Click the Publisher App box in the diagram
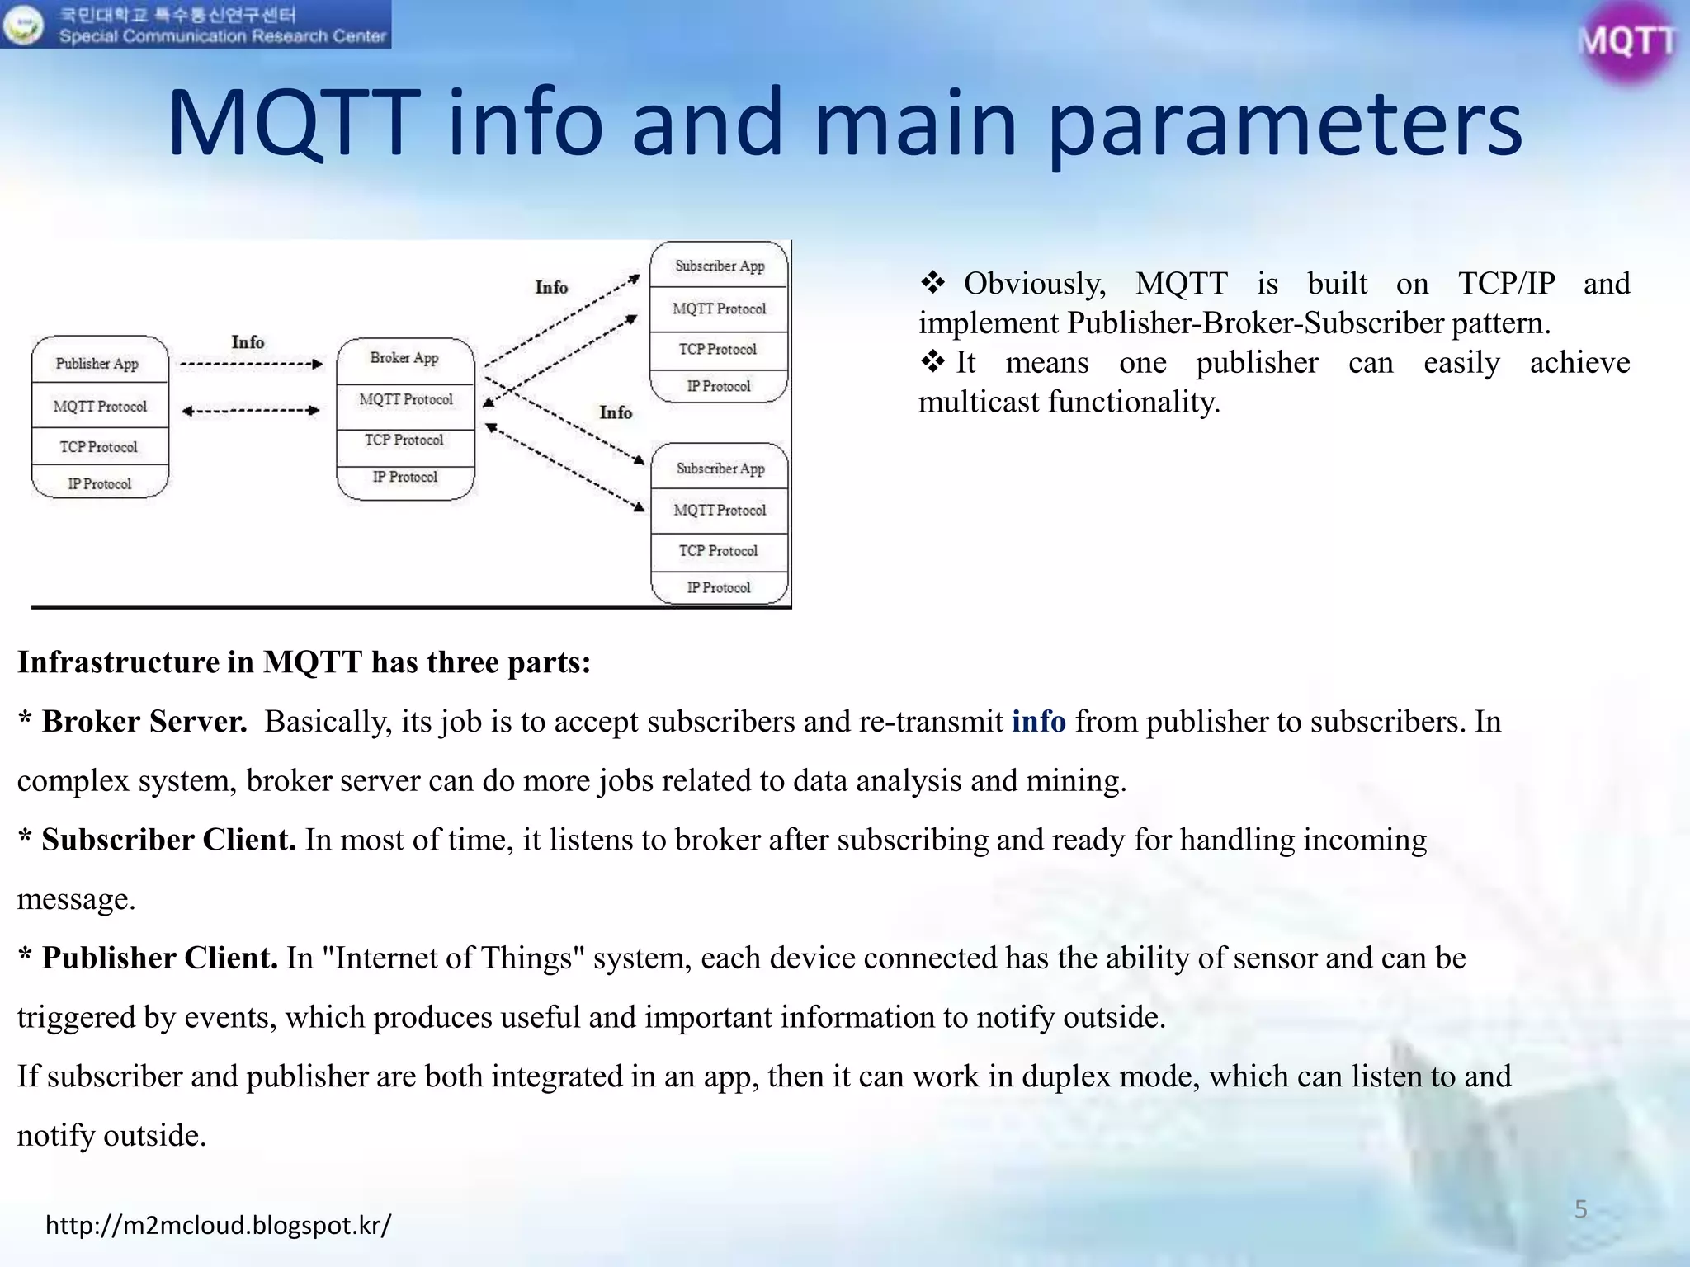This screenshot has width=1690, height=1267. tap(98, 363)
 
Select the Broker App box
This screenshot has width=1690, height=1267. tap(404, 358)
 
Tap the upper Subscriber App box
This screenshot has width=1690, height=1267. tap(719, 266)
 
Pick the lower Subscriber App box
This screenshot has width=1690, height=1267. tap(720, 469)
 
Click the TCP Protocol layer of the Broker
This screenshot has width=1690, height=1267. tap(404, 440)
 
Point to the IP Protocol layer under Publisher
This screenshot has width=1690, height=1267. tap(100, 484)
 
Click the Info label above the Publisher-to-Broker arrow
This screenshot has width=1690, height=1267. tap(248, 341)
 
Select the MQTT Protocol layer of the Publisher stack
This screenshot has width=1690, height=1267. tap(100, 406)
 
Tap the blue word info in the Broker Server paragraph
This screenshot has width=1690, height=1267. tap(1038, 721)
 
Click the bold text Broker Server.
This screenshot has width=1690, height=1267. tap(144, 721)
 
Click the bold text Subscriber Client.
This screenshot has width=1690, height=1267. tap(168, 840)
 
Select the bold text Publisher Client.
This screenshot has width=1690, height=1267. tap(159, 958)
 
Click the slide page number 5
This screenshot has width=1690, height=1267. tap(1580, 1209)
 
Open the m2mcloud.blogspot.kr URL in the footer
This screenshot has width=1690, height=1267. tap(218, 1225)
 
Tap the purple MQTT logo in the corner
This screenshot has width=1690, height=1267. tap(1626, 41)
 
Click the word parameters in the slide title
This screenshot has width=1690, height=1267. tap(1284, 124)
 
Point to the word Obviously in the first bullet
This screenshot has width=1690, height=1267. tap(1035, 284)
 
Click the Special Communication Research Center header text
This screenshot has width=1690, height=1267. tap(222, 36)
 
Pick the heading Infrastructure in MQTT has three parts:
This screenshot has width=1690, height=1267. tap(304, 662)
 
